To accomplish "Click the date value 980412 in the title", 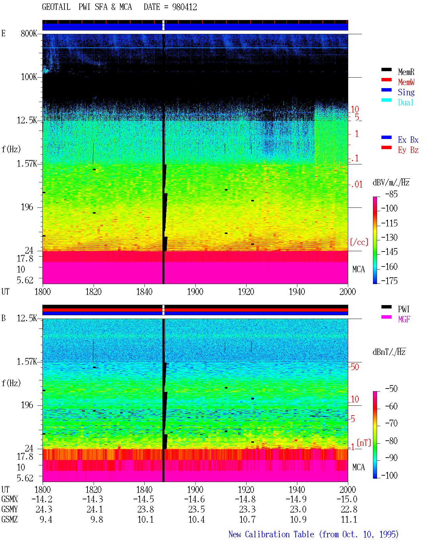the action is click(x=184, y=7).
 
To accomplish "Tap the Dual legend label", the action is click(x=406, y=102).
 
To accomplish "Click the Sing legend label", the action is click(x=406, y=92).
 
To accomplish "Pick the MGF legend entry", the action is click(x=404, y=319).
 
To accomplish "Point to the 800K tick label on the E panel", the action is click(x=29, y=33).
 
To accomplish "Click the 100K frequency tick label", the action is click(x=29, y=77).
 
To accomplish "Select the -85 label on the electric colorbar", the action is click(x=391, y=194).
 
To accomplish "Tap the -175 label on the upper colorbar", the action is click(x=389, y=281).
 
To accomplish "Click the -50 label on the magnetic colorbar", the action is click(x=391, y=389).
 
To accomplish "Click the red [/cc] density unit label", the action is click(x=359, y=242).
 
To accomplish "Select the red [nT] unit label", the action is click(x=364, y=443).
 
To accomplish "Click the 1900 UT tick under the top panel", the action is click(x=195, y=292).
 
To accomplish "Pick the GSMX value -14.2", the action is click(x=42, y=499).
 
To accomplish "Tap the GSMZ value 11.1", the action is click(x=349, y=519).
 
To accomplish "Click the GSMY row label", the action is click(x=9, y=509).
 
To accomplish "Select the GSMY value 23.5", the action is click(x=197, y=509).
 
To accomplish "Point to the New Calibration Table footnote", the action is click(x=313, y=534).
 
